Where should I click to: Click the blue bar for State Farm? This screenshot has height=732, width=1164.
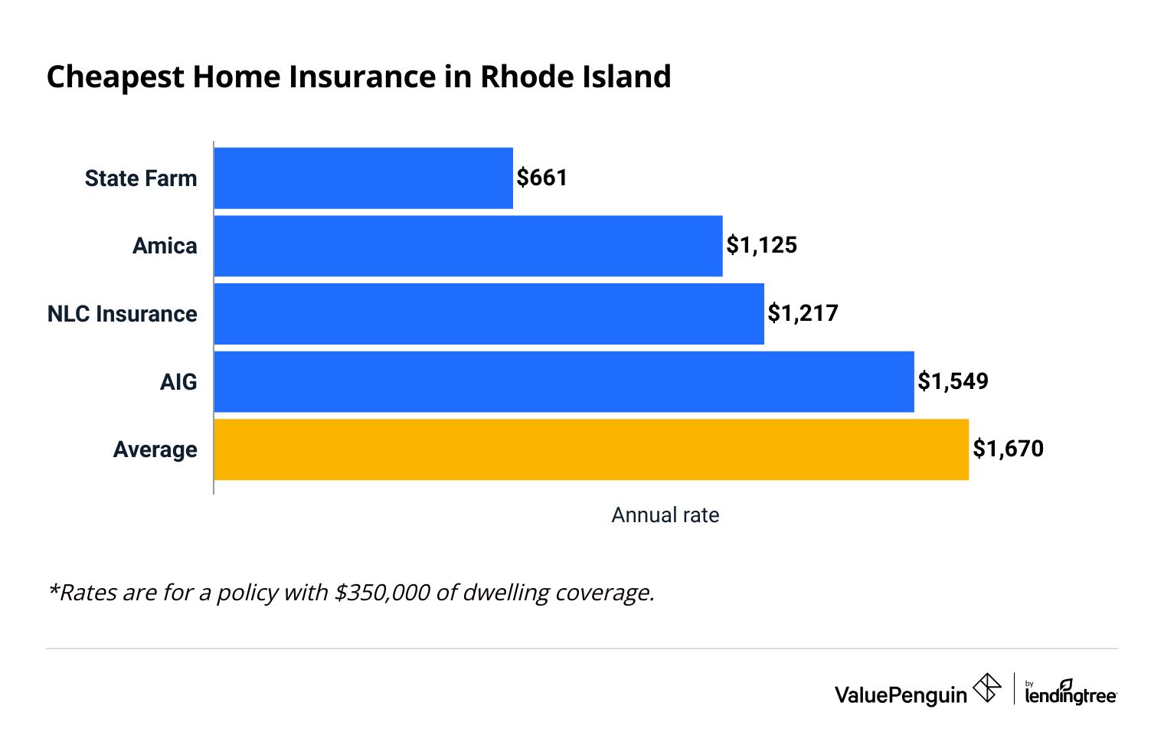[363, 178]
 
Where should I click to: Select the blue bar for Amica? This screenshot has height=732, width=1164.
[468, 246]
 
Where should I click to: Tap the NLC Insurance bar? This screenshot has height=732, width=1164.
[489, 314]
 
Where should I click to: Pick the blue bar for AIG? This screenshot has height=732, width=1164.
[564, 381]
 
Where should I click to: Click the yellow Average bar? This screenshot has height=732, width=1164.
[591, 449]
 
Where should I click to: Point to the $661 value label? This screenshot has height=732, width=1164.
[542, 178]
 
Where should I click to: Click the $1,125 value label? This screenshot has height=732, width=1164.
[762, 245]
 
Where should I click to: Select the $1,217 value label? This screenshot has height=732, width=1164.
[803, 313]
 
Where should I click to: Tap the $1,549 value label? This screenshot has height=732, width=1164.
[953, 381]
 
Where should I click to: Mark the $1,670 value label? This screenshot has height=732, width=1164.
[1009, 449]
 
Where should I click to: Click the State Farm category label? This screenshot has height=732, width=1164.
[141, 178]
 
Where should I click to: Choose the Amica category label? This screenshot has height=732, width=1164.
[165, 246]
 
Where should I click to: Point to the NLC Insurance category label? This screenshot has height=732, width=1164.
[123, 314]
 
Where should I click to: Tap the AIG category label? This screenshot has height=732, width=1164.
[178, 382]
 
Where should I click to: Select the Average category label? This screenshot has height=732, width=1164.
[155, 449]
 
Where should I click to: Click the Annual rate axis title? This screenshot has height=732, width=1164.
[665, 515]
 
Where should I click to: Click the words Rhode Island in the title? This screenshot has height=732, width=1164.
[575, 77]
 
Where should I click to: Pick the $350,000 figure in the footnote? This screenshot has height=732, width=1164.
[382, 593]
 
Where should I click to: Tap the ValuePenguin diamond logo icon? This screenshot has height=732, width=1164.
[987, 688]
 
